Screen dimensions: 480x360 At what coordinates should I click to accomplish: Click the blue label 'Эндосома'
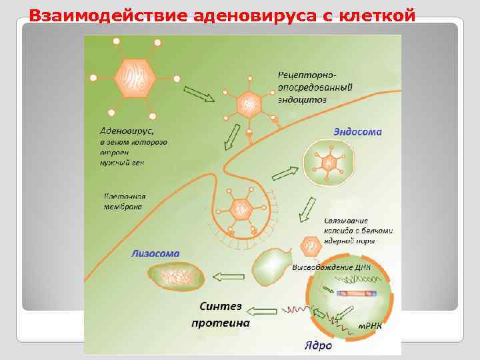[x=357, y=131]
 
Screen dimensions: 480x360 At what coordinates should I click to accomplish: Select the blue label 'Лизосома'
[x=155, y=253]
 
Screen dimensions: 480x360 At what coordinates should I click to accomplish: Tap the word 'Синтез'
[x=220, y=307]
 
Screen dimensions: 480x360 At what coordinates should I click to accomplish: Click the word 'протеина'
[x=220, y=323]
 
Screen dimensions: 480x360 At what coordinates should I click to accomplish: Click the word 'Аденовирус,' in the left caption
[x=127, y=131]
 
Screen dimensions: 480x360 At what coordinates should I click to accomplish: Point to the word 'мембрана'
[x=123, y=207]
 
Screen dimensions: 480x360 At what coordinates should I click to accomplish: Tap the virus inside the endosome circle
[x=327, y=163]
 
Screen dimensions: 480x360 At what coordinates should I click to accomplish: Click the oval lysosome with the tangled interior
[x=175, y=275]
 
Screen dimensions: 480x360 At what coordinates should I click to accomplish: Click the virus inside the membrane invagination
[x=239, y=210]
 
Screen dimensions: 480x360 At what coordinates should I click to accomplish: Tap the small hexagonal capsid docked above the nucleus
[x=311, y=247]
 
